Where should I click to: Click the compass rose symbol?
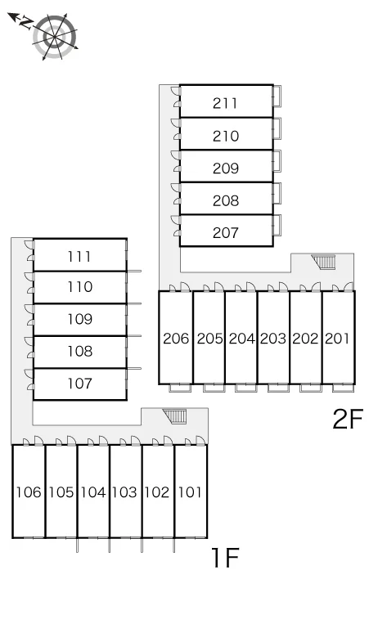click(55, 37)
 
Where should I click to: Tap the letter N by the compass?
click(27, 22)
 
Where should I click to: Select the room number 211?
click(225, 103)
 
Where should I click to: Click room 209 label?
click(226, 168)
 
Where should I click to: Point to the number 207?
click(226, 232)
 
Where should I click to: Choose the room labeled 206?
click(176, 339)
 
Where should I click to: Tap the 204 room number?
click(242, 339)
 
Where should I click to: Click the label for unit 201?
click(337, 339)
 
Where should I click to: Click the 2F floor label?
click(348, 419)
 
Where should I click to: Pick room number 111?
click(79, 256)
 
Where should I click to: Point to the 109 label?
click(80, 319)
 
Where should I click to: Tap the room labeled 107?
click(80, 383)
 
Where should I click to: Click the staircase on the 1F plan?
click(175, 416)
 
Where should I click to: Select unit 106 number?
click(29, 492)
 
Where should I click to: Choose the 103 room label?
click(124, 492)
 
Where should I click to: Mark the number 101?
click(190, 492)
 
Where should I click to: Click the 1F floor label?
click(225, 558)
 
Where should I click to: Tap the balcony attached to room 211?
click(277, 96)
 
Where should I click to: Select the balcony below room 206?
click(180, 388)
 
